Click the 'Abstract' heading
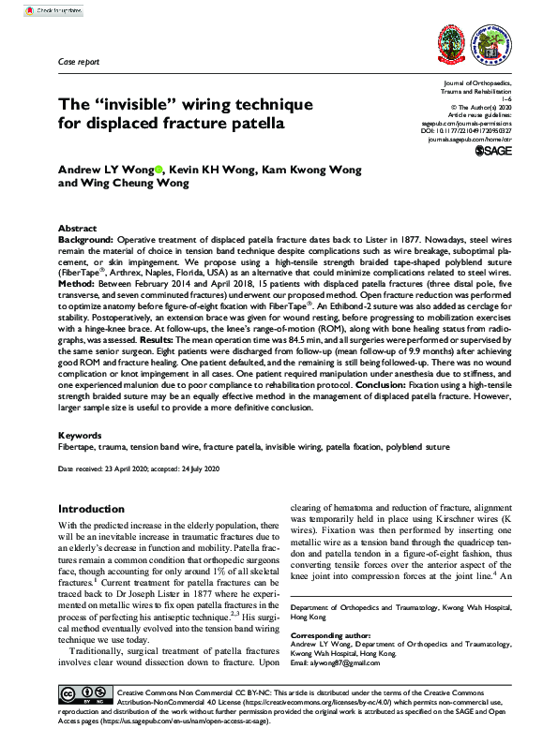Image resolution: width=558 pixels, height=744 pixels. (x=77, y=229)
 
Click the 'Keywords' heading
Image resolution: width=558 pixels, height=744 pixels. (x=81, y=436)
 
